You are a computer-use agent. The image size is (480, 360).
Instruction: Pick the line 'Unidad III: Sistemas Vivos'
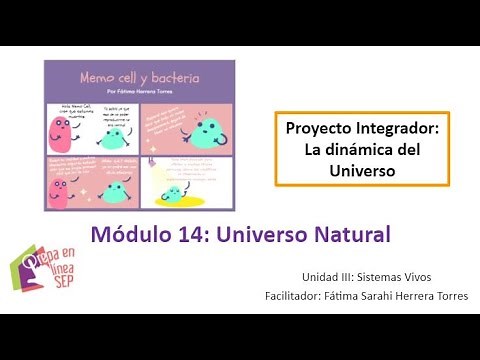click(366, 276)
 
